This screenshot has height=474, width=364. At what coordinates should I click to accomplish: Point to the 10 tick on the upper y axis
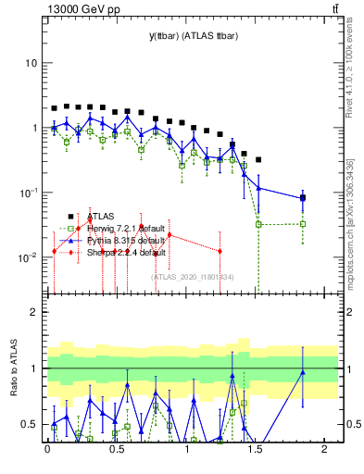31,63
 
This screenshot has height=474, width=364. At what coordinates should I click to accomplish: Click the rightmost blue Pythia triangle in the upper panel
304,197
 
